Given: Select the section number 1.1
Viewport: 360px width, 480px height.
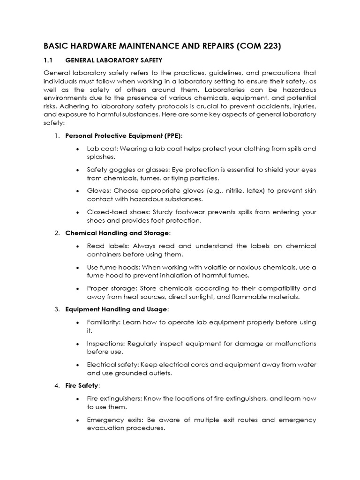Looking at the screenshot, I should click(49, 60).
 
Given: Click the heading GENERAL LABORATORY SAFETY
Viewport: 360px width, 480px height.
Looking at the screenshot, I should click(114, 60).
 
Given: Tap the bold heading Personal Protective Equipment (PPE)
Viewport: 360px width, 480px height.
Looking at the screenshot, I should click(124, 135).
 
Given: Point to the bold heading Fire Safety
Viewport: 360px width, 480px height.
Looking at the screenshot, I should click(82, 385).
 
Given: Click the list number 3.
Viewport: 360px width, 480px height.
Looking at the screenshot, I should click(56, 309).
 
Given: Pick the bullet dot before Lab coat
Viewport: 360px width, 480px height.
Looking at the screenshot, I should click(77, 149).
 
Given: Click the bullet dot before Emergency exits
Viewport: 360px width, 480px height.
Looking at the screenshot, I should click(77, 420).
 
